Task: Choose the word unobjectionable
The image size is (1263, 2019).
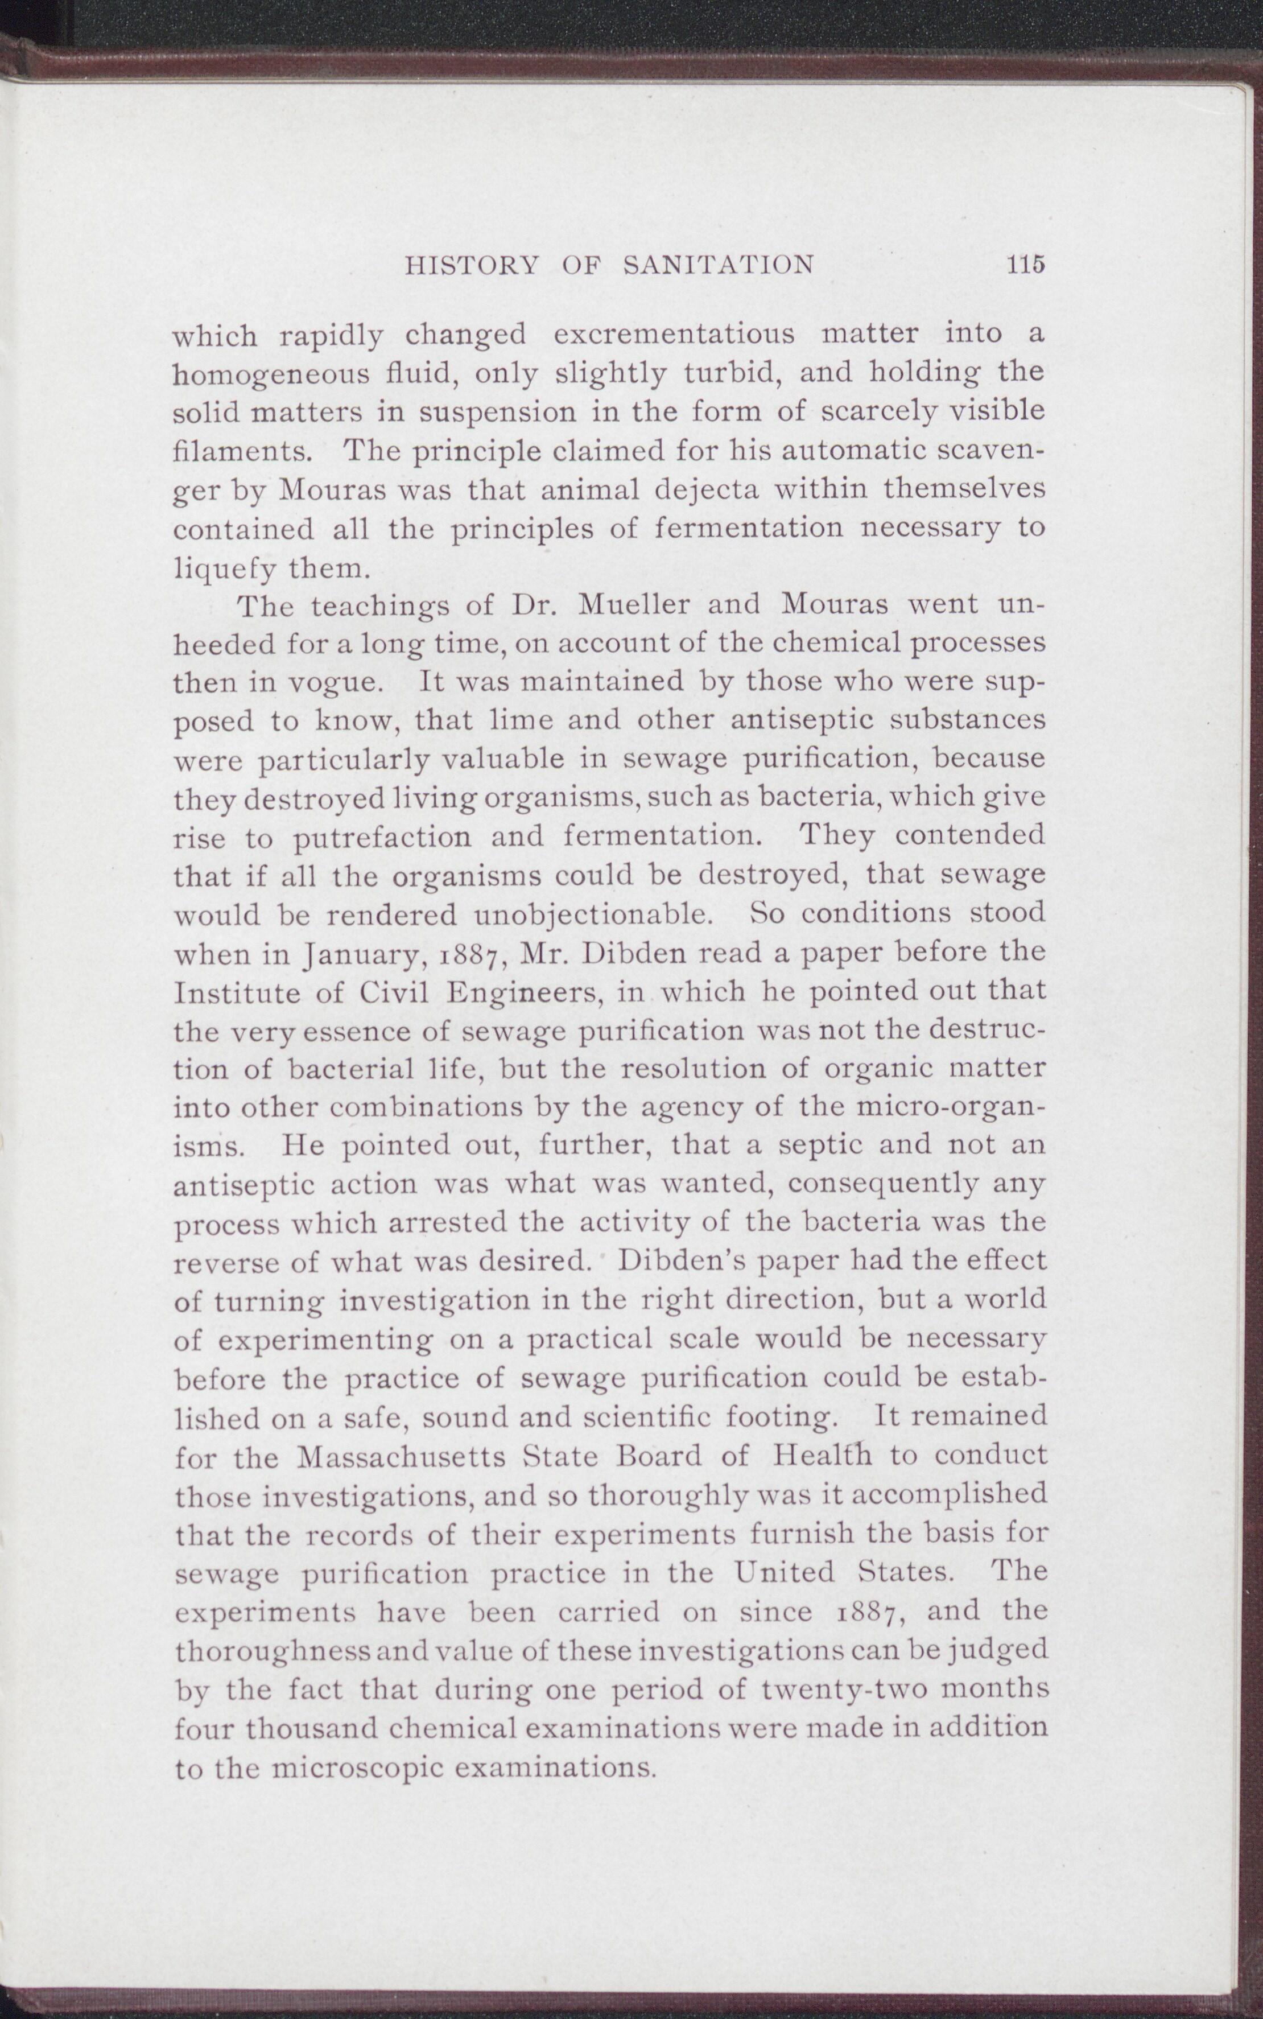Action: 592,914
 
